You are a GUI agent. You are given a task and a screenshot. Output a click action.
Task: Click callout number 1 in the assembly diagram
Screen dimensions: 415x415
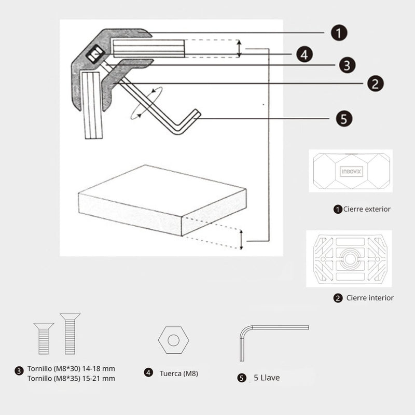click(x=338, y=34)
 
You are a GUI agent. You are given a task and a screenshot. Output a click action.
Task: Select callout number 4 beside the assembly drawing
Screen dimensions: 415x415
click(x=305, y=54)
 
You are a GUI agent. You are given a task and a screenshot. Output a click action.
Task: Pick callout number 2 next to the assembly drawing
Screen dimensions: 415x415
click(x=375, y=83)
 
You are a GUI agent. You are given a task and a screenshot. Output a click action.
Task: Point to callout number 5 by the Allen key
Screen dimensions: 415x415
click(x=343, y=119)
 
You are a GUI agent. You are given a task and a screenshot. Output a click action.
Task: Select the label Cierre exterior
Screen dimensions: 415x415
click(x=367, y=209)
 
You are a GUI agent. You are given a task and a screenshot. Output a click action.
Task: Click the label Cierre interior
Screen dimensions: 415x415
click(x=369, y=298)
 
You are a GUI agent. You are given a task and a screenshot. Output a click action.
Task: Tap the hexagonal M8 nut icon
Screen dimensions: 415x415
click(x=173, y=340)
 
